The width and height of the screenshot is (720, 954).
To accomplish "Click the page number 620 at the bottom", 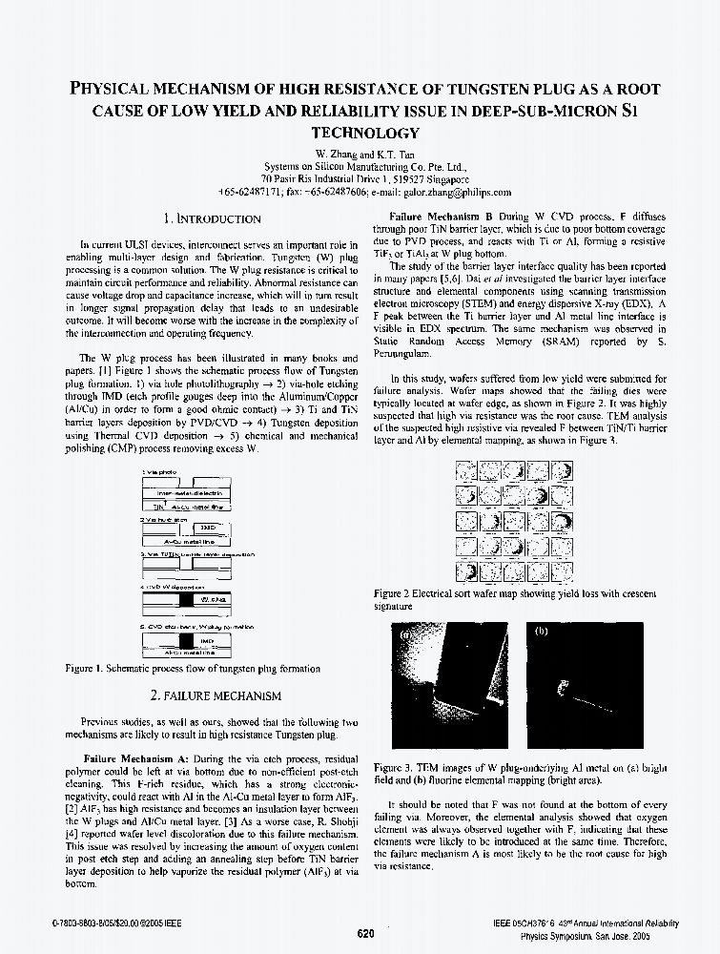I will click(x=365, y=934).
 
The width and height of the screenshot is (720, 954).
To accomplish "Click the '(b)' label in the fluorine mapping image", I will click(x=542, y=633).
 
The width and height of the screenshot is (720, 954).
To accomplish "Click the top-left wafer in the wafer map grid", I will click(x=467, y=470).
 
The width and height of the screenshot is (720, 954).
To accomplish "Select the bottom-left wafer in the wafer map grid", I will click(x=467, y=572).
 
